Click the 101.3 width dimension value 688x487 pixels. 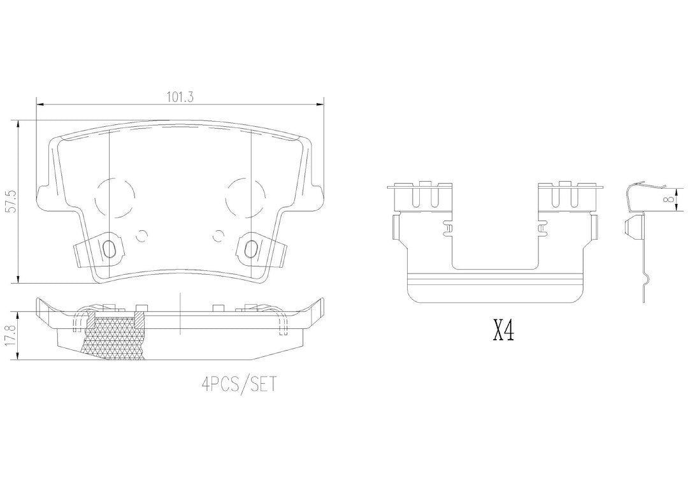click(x=180, y=98)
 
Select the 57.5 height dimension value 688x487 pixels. click(x=12, y=201)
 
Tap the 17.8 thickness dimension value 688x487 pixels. click(x=12, y=337)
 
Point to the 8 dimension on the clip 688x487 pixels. click(x=669, y=200)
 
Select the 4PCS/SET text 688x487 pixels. click(x=240, y=384)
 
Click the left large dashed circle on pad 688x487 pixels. click(x=115, y=196)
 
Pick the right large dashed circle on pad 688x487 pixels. click(x=245, y=196)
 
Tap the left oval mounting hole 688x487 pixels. click(x=108, y=249)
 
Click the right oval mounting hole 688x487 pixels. click(x=250, y=249)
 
